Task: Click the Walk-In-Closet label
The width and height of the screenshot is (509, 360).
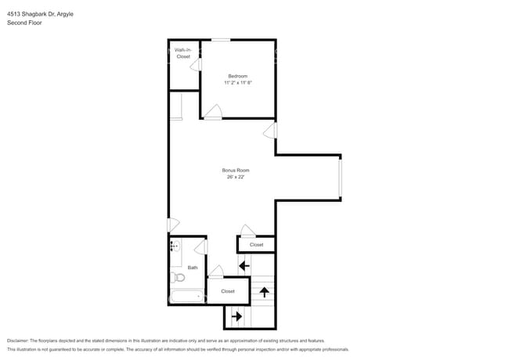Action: coord(183,53)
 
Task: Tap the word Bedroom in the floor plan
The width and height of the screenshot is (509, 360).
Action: coord(237,76)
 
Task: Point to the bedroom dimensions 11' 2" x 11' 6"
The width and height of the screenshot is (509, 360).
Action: coord(237,82)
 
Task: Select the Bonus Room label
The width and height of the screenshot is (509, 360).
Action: coord(236,170)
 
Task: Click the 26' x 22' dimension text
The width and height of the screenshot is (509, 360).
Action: coord(236,177)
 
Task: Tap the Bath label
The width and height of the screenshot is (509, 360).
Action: coord(193,268)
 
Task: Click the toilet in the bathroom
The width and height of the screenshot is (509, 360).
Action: coord(178,277)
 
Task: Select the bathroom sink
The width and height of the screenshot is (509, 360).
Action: coord(175,247)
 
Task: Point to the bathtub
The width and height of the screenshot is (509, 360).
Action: coord(187,297)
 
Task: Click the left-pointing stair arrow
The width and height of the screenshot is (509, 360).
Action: coord(244,265)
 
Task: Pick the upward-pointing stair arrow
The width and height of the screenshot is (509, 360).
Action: coord(265,292)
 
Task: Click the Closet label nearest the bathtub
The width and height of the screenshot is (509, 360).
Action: coord(228,291)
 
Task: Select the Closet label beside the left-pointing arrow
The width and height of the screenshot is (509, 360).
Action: coord(257,245)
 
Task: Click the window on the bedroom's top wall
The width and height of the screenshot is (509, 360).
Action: coord(221,40)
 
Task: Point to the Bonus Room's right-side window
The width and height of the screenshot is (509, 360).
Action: coord(340,177)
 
